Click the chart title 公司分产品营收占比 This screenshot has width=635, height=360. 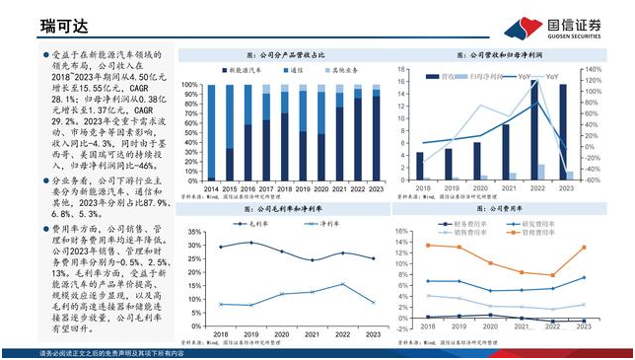click(x=286, y=55)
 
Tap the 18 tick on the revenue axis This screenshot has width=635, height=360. click(x=405, y=70)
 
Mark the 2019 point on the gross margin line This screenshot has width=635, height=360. click(x=249, y=243)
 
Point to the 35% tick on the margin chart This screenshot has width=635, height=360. click(x=190, y=233)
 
